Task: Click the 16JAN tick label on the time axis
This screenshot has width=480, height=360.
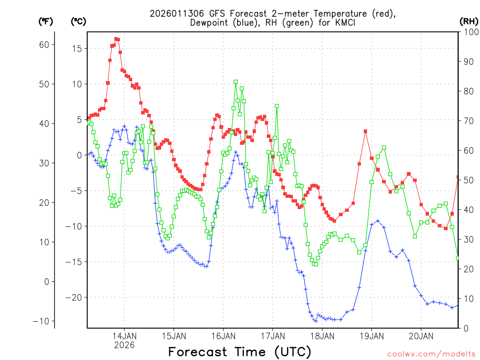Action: (x=223, y=336)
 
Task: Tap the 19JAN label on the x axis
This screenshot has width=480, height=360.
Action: (x=372, y=336)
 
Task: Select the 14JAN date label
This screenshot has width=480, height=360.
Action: (x=124, y=336)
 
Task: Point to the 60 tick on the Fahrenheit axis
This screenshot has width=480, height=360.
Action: (x=44, y=45)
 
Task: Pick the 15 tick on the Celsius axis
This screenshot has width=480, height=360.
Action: (x=78, y=49)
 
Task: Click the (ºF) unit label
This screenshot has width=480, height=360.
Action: (x=45, y=21)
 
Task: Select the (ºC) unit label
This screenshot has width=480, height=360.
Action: (x=78, y=21)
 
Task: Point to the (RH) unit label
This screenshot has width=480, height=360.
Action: (x=469, y=21)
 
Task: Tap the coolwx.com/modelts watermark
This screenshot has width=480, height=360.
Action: (x=431, y=354)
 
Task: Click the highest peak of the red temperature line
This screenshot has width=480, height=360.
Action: (x=116, y=39)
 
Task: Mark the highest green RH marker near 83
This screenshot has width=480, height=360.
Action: (x=236, y=82)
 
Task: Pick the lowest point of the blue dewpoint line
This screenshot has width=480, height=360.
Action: (x=316, y=321)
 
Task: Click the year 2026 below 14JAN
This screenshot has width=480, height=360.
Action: (x=124, y=345)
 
